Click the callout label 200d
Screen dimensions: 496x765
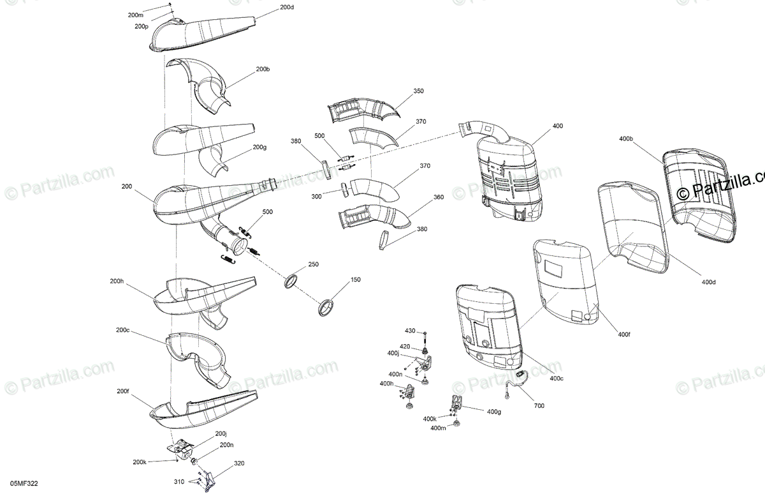[x=287, y=7]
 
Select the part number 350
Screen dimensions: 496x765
[x=418, y=91]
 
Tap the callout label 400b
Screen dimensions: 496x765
[x=625, y=139]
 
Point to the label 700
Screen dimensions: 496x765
[x=539, y=405]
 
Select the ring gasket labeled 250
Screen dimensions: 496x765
[x=291, y=281]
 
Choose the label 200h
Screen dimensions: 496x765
[x=117, y=281]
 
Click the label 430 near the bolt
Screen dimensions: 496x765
[x=410, y=331]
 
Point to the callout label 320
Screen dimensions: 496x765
[x=239, y=463]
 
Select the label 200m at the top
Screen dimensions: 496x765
[x=135, y=14]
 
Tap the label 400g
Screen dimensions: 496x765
[x=493, y=412]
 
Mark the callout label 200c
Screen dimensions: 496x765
[x=123, y=330]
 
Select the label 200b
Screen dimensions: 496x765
[x=263, y=68]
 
